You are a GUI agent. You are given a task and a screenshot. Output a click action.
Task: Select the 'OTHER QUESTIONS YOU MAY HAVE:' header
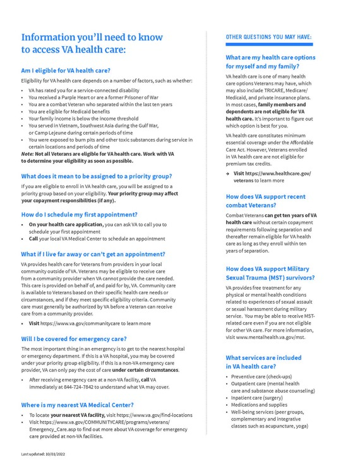268,38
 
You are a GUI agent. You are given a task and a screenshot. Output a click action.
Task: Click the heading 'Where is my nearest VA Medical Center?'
77,403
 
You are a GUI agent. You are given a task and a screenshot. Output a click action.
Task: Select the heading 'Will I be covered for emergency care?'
75,338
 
